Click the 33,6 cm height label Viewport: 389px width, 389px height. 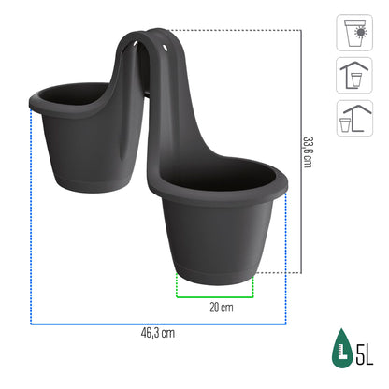307,149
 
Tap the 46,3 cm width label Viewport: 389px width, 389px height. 157,332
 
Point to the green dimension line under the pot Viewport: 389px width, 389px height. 216,293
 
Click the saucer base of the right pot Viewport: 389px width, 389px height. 216,269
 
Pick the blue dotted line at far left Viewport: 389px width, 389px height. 32,215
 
